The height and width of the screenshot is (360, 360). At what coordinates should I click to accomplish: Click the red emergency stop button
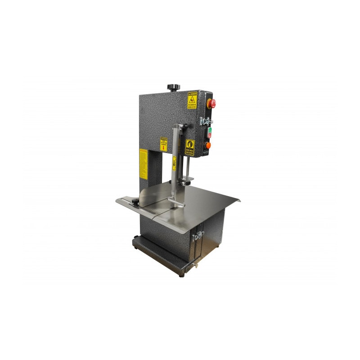coord(210,103)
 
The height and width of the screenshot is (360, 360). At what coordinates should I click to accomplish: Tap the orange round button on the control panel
coord(208,145)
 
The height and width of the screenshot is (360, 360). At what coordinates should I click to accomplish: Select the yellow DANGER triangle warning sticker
coord(192,100)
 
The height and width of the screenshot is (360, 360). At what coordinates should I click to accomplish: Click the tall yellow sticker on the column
coord(143,162)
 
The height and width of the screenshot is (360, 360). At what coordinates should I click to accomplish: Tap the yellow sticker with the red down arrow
coord(164,144)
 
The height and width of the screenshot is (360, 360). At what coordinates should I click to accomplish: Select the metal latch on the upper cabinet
coord(206,121)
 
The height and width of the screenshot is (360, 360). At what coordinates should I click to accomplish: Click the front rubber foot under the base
coord(181,274)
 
